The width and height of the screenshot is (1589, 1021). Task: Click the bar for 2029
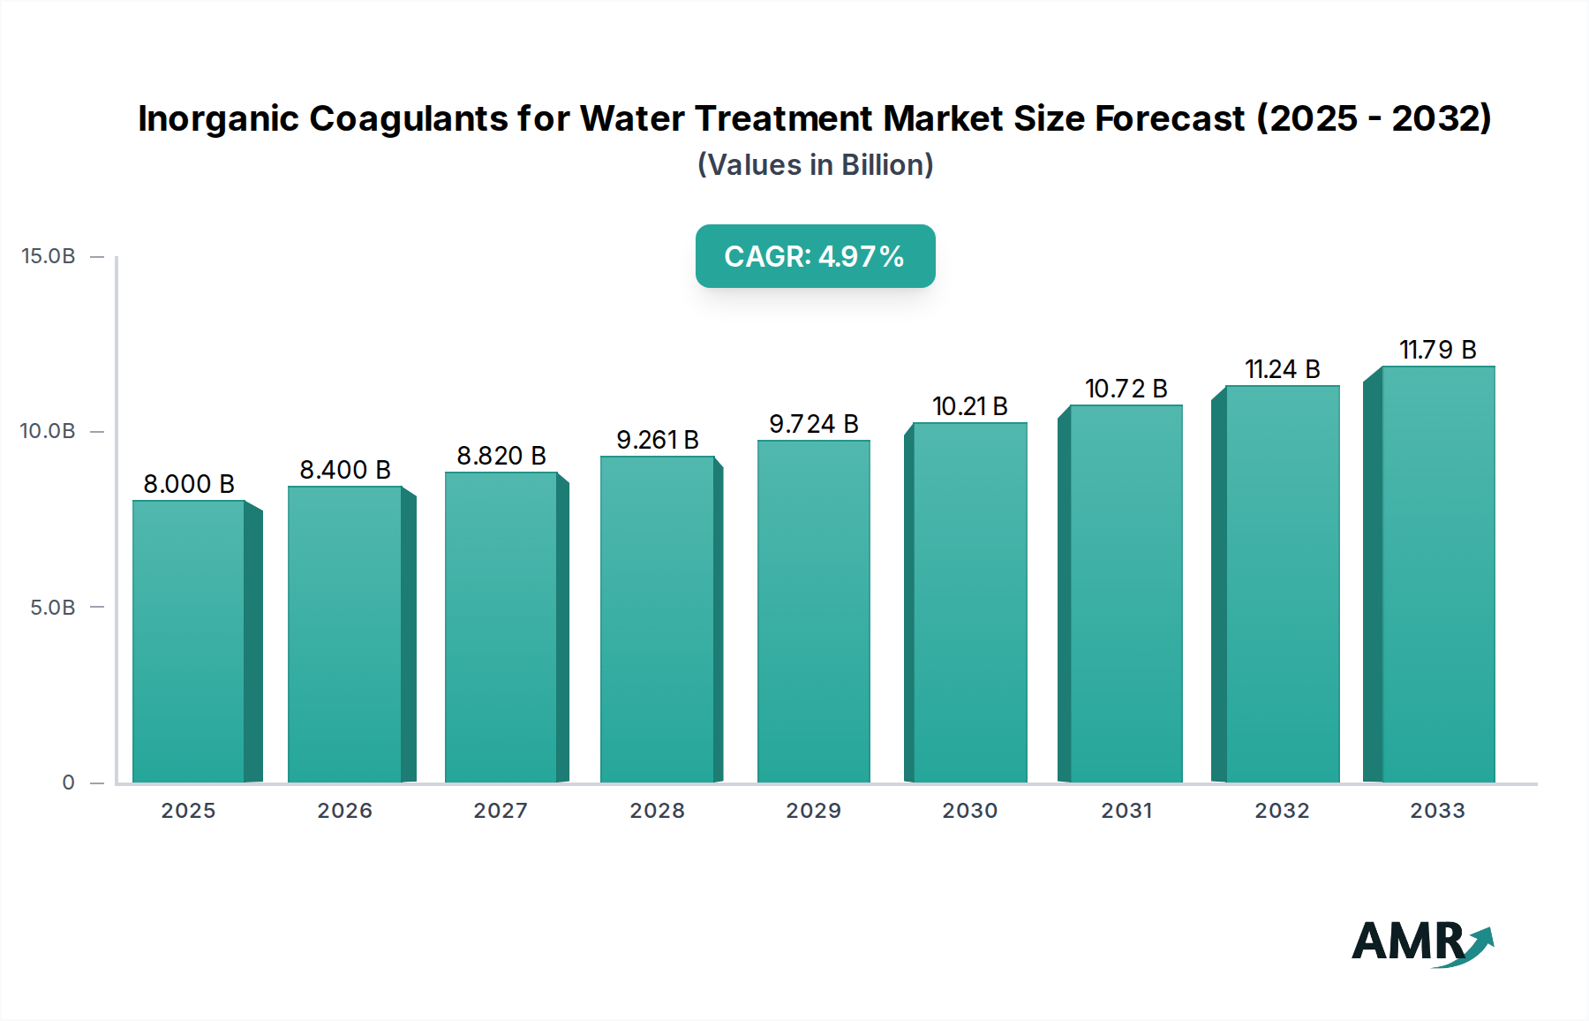click(813, 611)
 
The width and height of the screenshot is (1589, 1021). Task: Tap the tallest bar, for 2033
click(1438, 574)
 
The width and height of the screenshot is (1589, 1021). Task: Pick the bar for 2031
click(1126, 594)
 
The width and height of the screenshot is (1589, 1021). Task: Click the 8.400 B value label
click(345, 470)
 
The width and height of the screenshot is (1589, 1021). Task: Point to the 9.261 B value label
click(658, 440)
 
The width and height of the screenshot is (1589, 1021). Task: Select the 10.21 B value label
click(969, 406)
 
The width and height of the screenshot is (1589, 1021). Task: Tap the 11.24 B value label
click(1282, 369)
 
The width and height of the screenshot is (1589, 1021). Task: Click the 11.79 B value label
click(1437, 350)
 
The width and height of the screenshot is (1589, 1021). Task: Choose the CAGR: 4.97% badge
click(815, 256)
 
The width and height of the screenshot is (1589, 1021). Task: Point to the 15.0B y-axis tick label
click(49, 256)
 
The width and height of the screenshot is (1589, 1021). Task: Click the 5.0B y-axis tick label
click(53, 608)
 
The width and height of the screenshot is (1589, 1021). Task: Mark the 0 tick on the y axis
click(69, 783)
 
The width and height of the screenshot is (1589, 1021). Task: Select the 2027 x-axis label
click(501, 811)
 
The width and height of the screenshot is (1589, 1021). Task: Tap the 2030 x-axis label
click(969, 811)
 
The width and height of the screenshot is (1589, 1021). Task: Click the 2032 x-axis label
click(1282, 811)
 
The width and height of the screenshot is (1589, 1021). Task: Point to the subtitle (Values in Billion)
click(815, 165)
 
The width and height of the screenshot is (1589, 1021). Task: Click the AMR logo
click(1421, 943)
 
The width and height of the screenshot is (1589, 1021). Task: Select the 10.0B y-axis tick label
click(49, 431)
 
